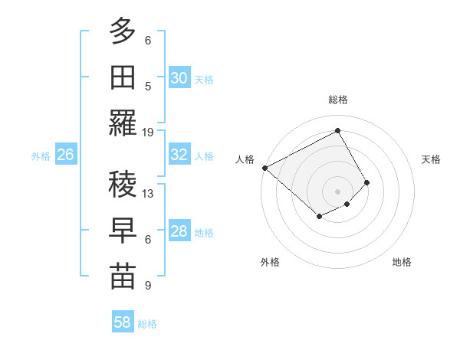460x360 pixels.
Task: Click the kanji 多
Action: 123,31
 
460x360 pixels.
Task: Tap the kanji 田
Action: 123,77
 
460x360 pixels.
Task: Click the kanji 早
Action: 123,231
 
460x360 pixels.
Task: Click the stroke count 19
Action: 148,132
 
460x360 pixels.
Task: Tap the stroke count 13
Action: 148,193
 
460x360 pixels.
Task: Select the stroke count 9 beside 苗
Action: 148,286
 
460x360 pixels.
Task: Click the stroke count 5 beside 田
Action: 148,86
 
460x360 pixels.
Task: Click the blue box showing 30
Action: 179,78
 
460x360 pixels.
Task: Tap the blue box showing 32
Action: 179,155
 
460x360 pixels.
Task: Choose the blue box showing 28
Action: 179,231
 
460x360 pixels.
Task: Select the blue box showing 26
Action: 65,155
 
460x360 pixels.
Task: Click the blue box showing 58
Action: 123,322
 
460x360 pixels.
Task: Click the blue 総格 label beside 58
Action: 147,324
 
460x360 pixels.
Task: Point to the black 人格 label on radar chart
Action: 245,159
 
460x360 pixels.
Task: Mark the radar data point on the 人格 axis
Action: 264,168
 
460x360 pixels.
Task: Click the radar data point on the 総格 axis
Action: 337,131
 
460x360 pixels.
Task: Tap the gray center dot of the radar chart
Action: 337,191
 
